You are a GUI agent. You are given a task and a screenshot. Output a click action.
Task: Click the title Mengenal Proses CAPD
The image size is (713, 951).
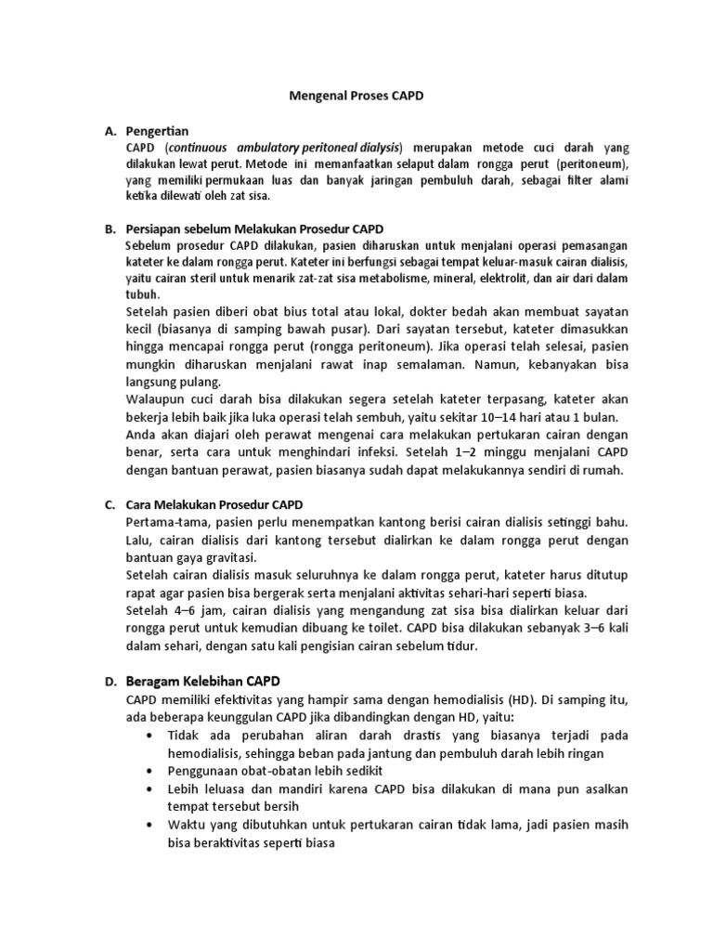tap(356, 96)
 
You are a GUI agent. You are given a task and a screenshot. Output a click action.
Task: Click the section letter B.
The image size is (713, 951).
tap(109, 228)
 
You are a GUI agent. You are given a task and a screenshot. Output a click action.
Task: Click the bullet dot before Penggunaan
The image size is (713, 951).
tap(151, 771)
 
